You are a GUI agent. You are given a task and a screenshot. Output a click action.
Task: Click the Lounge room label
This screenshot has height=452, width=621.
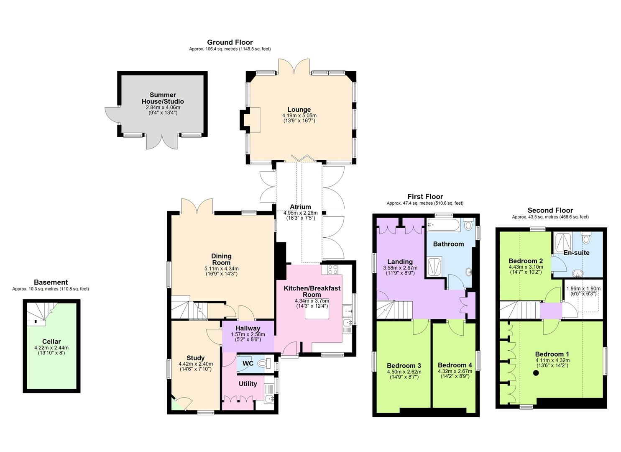(299, 110)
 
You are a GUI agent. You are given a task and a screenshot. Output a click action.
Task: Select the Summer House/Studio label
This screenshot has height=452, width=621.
(163, 98)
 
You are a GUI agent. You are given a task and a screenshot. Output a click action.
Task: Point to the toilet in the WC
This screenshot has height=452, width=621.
(264, 363)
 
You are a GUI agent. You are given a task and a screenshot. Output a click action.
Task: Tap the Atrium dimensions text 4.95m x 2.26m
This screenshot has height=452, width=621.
(300, 213)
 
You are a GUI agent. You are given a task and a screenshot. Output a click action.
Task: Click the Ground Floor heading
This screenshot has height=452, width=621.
(230, 42)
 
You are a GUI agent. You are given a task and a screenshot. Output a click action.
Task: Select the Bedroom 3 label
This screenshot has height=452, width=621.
(404, 365)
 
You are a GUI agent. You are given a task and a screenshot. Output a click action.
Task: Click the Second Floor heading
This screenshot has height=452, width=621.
(550, 211)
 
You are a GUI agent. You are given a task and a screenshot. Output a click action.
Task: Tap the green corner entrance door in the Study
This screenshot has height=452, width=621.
(177, 404)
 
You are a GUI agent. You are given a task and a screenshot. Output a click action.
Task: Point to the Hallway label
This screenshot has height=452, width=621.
(248, 328)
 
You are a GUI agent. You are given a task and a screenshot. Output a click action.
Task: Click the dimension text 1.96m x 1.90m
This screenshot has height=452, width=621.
(583, 288)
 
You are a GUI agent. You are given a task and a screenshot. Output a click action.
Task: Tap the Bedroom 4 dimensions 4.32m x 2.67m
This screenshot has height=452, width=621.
(455, 371)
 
